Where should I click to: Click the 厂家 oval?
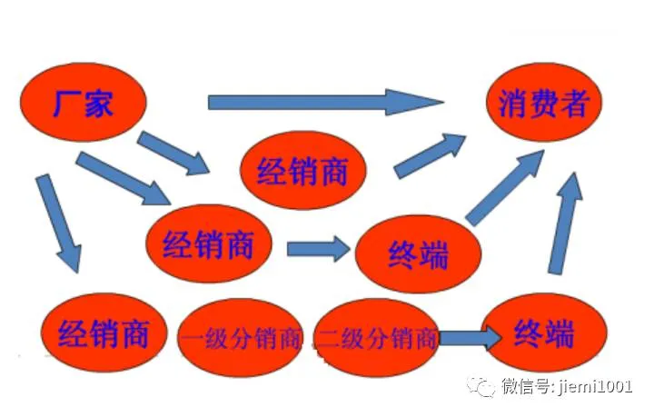(84, 103)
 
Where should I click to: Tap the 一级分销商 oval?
(241, 339)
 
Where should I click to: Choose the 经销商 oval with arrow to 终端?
(208, 243)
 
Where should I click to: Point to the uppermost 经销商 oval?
(303, 170)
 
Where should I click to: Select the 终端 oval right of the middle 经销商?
(417, 254)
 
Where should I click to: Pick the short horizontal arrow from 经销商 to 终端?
(318, 247)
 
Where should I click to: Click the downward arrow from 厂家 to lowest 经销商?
(57, 223)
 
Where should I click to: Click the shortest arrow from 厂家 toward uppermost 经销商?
(173, 153)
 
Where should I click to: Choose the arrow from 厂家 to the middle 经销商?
(123, 178)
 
